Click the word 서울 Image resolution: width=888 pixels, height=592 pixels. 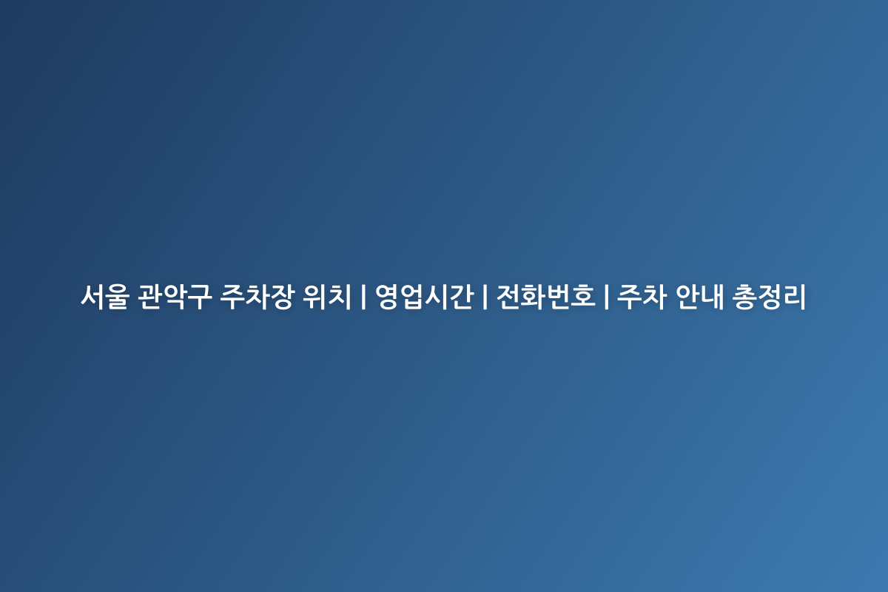105,296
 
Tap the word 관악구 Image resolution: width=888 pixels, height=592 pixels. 174,296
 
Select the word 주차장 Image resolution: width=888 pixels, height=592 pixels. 257,296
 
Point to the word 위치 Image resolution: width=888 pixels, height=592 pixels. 327,296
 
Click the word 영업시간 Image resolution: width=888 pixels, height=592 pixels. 425,296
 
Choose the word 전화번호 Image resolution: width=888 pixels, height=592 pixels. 546,296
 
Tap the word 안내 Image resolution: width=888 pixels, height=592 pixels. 700,296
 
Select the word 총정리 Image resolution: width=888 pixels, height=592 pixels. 769,296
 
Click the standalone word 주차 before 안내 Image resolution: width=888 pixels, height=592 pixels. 642,296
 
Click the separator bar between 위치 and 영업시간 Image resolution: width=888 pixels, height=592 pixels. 363,296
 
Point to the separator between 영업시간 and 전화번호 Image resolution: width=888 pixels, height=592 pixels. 485,296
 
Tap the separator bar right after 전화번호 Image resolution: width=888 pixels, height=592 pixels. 606,296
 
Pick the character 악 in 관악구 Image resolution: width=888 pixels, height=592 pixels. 175,296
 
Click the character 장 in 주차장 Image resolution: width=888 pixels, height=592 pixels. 282,296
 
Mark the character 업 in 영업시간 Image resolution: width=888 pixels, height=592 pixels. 412,296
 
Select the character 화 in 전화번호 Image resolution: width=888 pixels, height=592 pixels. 534,296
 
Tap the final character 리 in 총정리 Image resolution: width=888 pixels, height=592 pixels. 795,296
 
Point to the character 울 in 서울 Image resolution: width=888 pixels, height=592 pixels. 118,296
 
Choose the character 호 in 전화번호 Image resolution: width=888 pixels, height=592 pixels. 583,296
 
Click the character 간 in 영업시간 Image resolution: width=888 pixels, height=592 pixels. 462,296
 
